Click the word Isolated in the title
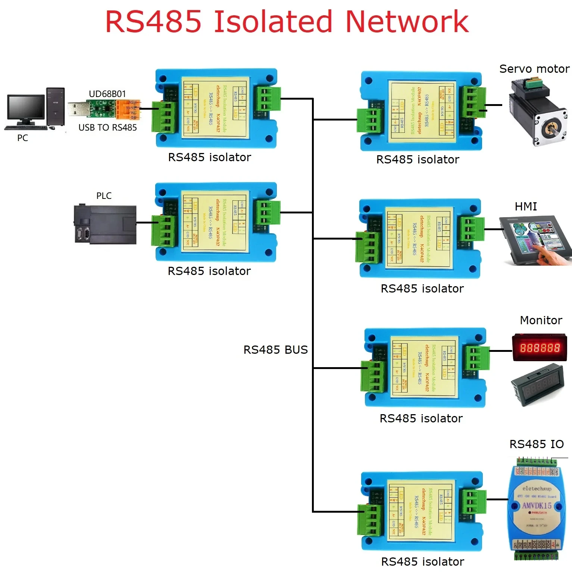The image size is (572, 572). click(272, 22)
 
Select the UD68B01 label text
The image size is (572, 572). click(107, 94)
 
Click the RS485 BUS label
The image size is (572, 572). click(275, 350)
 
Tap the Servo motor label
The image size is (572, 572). click(534, 69)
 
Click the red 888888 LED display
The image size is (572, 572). click(540, 348)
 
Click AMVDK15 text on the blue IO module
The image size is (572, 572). click(537, 506)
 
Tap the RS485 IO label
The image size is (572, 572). click(536, 444)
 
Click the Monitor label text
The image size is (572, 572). click(541, 321)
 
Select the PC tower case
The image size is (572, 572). click(56, 107)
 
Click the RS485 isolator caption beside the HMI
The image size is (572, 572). click(422, 289)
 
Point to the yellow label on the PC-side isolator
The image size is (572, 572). click(215, 107)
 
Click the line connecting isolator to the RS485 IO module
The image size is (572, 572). click(497, 499)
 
